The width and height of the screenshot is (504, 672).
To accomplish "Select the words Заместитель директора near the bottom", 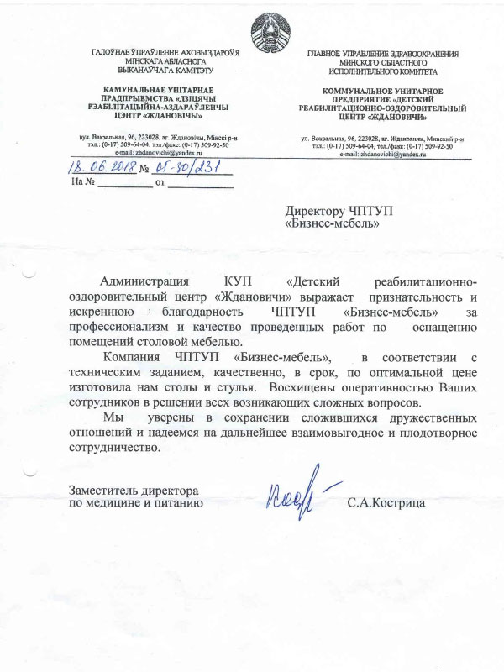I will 134,490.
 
